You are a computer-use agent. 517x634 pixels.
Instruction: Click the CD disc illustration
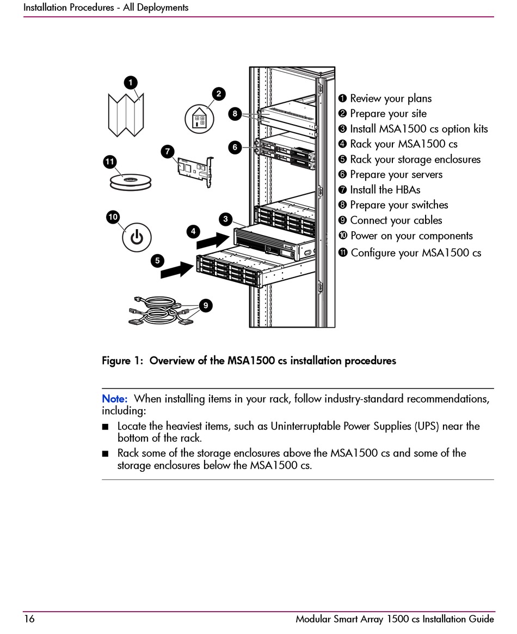[x=129, y=181]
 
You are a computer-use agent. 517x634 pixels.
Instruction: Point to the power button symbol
[x=136, y=237]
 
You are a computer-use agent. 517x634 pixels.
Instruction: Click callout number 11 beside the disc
[x=110, y=162]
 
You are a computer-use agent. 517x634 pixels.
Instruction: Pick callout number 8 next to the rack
[x=235, y=114]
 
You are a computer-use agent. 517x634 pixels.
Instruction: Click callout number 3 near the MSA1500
[x=225, y=219]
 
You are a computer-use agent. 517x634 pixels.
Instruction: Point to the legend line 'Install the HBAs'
[x=385, y=190]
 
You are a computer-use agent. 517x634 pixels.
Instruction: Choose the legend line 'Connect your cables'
[x=396, y=220]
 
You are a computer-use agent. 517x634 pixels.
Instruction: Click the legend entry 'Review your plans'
[x=390, y=99]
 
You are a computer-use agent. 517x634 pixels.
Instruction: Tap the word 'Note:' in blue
[x=115, y=399]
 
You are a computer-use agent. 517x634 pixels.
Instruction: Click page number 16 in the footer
[x=29, y=619]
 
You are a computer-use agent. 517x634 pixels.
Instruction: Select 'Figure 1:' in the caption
[x=124, y=361]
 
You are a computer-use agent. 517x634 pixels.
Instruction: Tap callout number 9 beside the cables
[x=206, y=306]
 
